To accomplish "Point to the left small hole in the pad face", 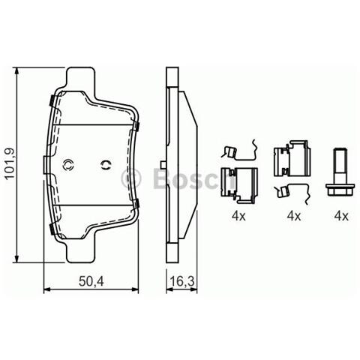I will click(x=69, y=166).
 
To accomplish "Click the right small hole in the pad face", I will click(x=106, y=166).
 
